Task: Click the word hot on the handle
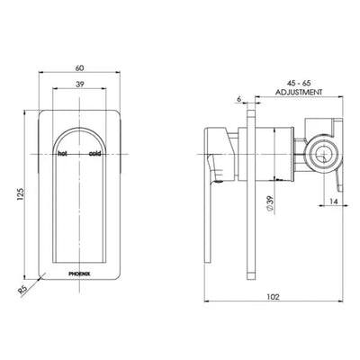[x=63, y=155]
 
